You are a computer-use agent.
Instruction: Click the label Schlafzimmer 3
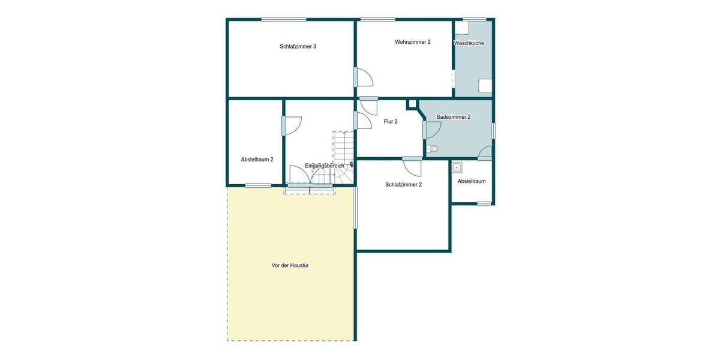click(x=298, y=46)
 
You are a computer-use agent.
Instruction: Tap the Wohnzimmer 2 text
click(x=413, y=42)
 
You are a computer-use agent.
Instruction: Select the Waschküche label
click(x=469, y=43)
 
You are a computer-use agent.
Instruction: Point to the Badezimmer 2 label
click(x=454, y=117)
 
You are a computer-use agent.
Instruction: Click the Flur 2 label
click(x=391, y=121)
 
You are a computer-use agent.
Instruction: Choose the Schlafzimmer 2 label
click(x=404, y=184)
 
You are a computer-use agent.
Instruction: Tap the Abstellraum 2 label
click(x=257, y=160)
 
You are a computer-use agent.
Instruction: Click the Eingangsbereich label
click(x=325, y=166)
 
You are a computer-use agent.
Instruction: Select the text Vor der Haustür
click(x=290, y=265)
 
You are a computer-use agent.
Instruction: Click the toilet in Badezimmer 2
click(x=432, y=148)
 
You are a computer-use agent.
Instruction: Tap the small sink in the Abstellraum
click(x=457, y=167)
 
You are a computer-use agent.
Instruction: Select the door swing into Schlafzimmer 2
click(x=413, y=166)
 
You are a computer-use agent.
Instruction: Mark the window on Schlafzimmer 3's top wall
click(x=284, y=19)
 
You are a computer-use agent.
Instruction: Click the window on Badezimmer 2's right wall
click(x=494, y=131)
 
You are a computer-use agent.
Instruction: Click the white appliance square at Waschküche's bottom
click(x=485, y=86)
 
